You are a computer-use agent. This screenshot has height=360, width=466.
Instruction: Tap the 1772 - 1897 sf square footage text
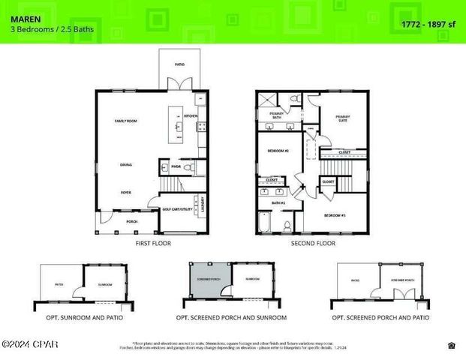coord(428,25)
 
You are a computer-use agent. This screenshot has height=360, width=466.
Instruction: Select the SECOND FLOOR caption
coord(311,244)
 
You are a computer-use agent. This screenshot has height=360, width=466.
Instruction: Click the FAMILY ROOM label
coord(125,121)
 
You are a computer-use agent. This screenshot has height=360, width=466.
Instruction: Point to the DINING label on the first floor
coord(127,164)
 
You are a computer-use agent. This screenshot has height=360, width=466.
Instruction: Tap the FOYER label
coord(127,192)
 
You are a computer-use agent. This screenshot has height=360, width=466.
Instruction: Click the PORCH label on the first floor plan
coord(131,221)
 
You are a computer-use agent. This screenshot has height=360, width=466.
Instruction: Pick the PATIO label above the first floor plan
coord(179,64)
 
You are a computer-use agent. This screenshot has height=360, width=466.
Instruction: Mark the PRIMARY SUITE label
coord(342,118)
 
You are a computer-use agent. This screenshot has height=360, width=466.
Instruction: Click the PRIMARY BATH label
coord(271,115)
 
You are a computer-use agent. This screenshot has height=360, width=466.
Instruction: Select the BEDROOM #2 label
coord(278,151)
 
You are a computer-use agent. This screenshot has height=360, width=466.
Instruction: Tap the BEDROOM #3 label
coord(335,215)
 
